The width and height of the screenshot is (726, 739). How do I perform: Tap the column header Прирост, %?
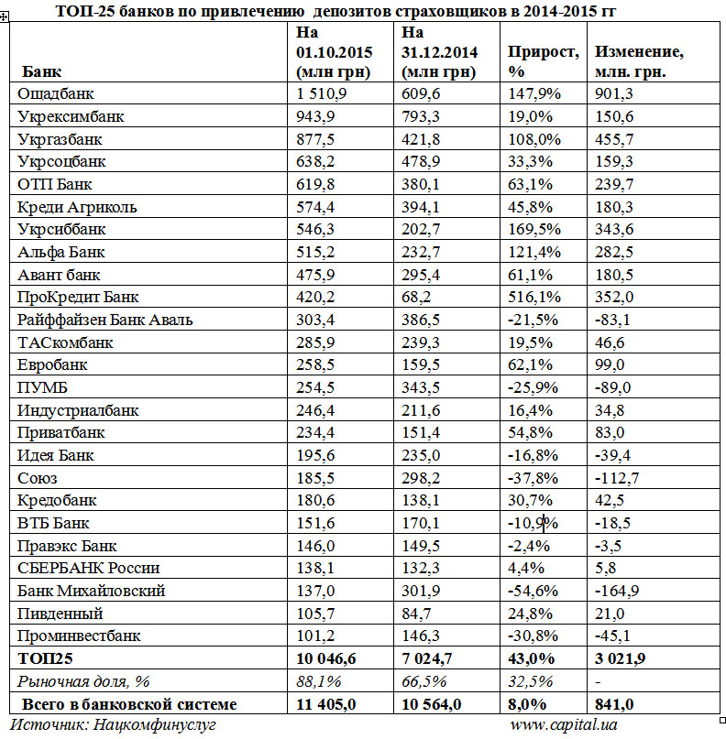tap(543, 60)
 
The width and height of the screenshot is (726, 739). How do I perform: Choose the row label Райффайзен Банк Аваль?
tap(105, 320)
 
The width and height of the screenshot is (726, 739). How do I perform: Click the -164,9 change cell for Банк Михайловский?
tap(620, 591)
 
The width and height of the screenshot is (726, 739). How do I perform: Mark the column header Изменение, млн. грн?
tap(639, 60)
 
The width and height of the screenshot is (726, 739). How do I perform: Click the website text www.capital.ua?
tap(565, 725)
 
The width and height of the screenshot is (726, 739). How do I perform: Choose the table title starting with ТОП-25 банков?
tap(335, 11)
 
